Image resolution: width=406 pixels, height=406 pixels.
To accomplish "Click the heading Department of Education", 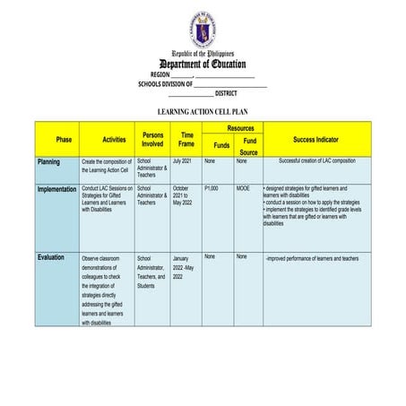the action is (203, 64).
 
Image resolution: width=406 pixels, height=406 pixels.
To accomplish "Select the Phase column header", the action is (64, 140).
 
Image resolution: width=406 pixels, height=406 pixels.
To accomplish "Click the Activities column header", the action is (114, 140).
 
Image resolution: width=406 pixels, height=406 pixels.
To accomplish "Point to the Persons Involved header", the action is (152, 139).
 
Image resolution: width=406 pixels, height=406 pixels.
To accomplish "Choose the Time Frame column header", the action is (186, 139).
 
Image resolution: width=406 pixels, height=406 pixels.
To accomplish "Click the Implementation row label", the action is (56, 189).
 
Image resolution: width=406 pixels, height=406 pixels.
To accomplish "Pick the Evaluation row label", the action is (51, 257).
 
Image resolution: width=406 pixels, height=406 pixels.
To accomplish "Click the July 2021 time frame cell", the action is (182, 161).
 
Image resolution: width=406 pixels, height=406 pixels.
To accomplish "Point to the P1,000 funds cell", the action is (212, 188).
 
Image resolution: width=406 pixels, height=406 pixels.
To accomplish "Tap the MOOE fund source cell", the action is (244, 188).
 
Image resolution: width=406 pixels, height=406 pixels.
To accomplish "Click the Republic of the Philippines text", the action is (203, 53).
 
